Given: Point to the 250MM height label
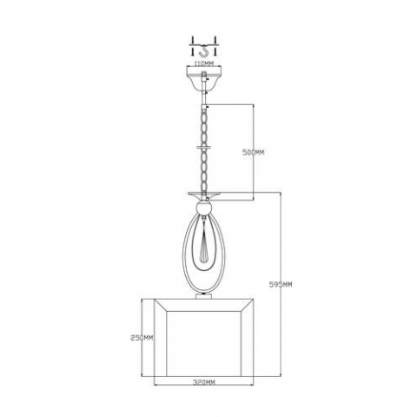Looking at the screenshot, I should coord(142,338).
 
